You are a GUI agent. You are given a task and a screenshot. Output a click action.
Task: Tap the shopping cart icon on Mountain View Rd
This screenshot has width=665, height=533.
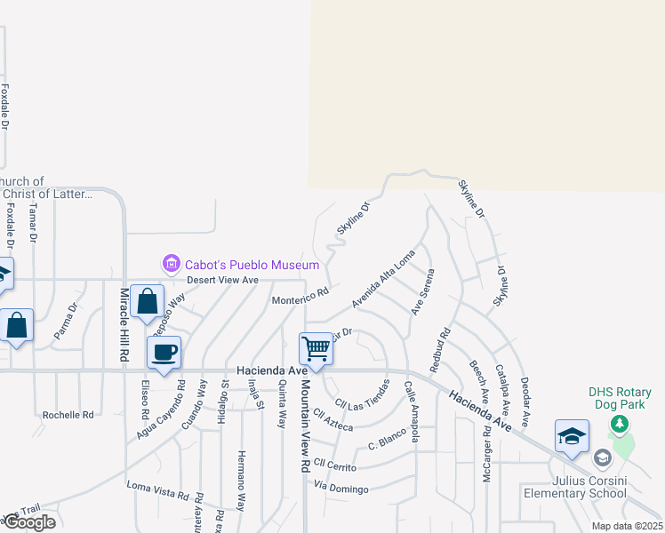316,348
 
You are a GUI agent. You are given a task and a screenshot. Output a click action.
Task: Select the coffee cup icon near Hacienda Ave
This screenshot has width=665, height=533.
164,353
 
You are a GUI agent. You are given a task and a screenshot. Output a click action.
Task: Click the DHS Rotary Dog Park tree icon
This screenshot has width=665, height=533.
620,425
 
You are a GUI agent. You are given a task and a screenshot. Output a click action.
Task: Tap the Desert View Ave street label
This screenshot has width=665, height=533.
222,280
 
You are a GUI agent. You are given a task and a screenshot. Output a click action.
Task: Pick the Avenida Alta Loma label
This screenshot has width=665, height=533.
383,278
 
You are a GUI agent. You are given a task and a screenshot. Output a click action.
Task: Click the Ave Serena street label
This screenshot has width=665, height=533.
422,291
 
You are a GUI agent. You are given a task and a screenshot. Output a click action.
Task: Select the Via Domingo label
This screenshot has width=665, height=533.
341,488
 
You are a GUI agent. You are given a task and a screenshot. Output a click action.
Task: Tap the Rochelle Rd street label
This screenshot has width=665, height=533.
68,415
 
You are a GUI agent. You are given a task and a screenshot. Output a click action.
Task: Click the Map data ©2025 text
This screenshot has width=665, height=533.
626,526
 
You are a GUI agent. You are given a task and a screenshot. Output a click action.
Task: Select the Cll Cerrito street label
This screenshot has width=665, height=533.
333,466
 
